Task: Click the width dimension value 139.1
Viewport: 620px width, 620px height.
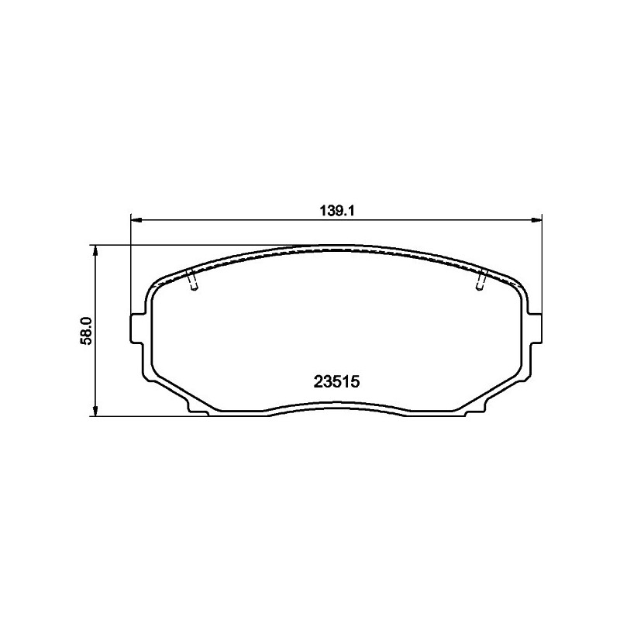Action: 337,210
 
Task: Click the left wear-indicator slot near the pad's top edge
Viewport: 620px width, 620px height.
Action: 193,281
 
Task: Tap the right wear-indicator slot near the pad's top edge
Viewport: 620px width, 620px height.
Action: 481,281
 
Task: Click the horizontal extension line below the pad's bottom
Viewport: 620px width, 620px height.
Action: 147,416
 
